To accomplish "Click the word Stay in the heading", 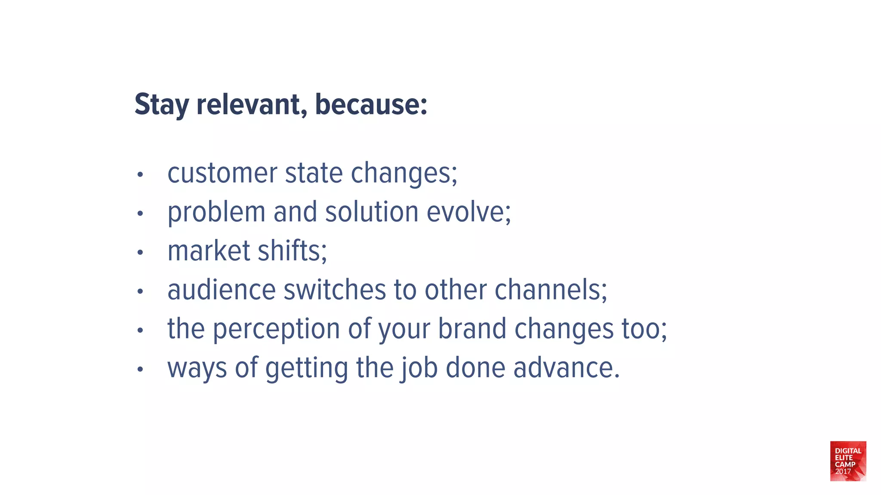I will point(162,104).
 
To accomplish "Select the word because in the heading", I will point(371,104).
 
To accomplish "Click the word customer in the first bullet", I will point(222,173).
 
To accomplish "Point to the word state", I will point(314,173).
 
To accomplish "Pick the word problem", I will point(216,212).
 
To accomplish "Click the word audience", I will point(222,290).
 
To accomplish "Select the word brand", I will point(472,329).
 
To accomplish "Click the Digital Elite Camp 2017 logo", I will point(848,461).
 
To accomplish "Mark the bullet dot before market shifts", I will point(140,252).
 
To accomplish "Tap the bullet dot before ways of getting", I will point(140,369).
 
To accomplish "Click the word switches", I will point(335,290).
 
